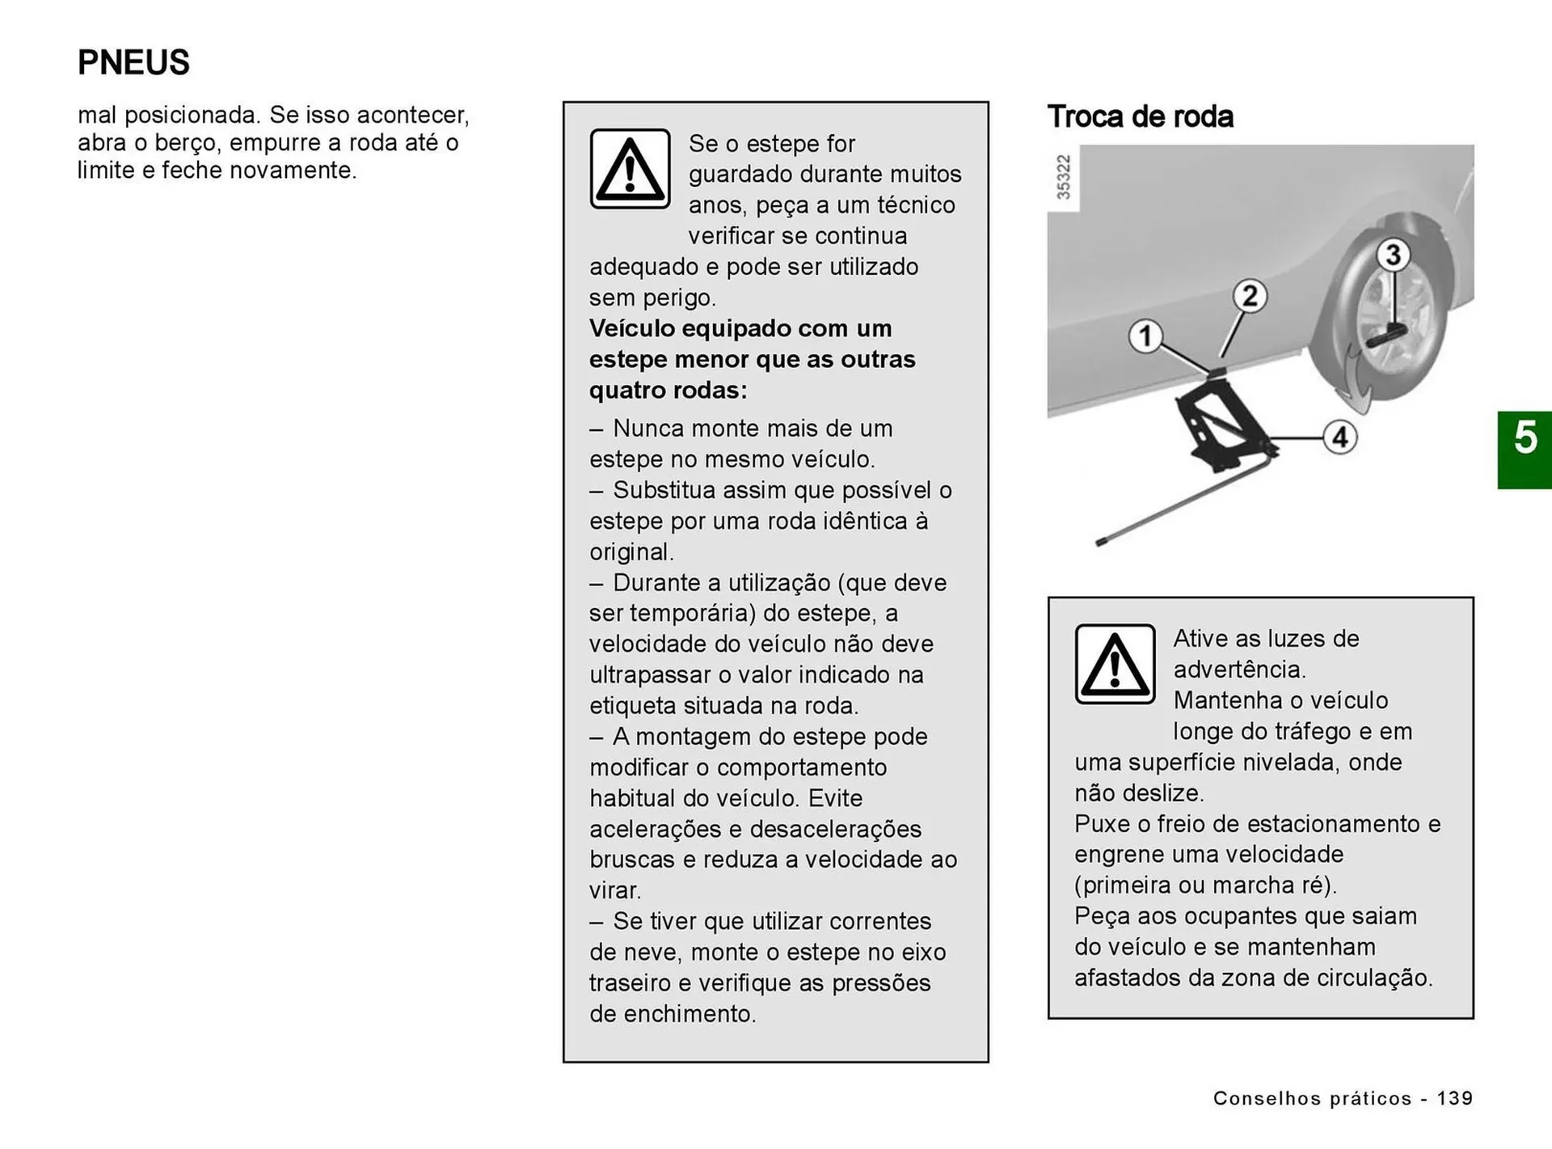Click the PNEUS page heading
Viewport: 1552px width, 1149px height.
coord(133,62)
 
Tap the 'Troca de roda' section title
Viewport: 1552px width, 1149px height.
coord(1140,116)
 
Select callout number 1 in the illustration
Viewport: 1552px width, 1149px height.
coord(1145,336)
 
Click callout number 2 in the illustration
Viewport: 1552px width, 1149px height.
coord(1250,296)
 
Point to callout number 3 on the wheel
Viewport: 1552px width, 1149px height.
coord(1393,255)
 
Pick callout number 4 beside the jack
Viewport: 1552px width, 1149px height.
coord(1339,437)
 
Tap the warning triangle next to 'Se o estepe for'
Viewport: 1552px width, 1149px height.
coord(630,169)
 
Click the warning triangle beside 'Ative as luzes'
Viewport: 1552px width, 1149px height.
coord(1115,664)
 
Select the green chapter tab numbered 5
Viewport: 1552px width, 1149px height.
coord(1525,450)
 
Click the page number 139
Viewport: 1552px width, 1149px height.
coord(1455,1098)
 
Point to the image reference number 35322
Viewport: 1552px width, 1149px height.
coord(1064,177)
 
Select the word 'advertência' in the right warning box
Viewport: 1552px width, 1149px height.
coord(1238,670)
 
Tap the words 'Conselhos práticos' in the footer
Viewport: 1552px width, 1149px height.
coord(1312,1098)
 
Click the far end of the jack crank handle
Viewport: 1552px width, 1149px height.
coord(1101,542)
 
